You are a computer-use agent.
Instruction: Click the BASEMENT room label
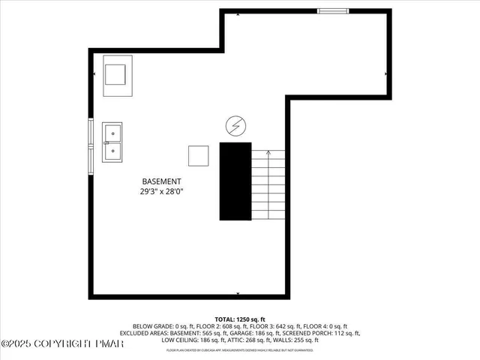point(162,181)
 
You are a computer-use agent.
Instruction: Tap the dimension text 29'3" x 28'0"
point(162,192)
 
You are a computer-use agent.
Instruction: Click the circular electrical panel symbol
point(235,127)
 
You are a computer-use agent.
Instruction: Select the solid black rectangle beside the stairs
point(235,181)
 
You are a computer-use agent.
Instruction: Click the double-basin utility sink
point(113,142)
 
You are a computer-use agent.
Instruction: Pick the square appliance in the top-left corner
point(116,76)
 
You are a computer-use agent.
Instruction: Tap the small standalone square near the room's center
point(199,155)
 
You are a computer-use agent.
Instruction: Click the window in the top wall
point(332,11)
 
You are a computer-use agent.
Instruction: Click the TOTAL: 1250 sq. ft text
point(239,319)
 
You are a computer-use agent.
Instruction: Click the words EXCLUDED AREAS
point(148,333)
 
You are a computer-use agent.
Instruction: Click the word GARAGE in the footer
point(241,333)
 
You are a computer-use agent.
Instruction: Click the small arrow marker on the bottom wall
point(238,295)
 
